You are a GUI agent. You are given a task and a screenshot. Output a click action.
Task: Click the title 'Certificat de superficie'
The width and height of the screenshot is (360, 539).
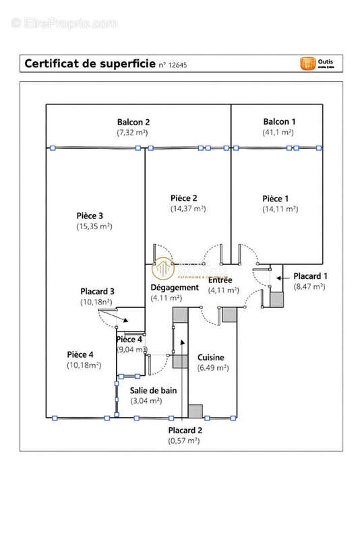coord(89,64)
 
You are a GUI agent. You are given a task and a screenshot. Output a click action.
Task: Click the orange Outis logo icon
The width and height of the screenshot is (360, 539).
coord(308,63)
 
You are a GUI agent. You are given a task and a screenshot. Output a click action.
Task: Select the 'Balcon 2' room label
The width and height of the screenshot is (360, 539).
coord(133,122)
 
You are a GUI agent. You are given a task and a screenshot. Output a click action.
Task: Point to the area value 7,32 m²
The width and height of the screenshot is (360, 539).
coord(133,133)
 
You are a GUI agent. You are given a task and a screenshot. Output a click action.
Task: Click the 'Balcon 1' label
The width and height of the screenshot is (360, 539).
coord(279,121)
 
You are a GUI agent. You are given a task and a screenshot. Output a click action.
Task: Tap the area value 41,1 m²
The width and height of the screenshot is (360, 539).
coord(279,133)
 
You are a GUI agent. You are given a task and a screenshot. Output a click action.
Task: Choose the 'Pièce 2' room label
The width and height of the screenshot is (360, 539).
coord(183,197)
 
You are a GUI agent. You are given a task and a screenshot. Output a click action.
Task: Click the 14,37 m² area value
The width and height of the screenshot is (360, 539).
coord(188,209)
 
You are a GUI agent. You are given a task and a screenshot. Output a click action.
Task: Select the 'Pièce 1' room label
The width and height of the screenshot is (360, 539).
coord(276,198)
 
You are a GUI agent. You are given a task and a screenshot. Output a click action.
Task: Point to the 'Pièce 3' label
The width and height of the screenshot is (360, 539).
coord(90,215)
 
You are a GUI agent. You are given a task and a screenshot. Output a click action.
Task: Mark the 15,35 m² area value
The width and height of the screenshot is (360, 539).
coord(94,226)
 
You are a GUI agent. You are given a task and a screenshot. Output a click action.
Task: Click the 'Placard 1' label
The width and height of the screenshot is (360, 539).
coord(310,276)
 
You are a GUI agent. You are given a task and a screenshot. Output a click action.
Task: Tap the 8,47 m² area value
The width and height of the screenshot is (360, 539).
coord(309,286)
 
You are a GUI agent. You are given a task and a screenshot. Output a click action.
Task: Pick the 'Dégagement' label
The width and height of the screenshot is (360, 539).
coord(175,287)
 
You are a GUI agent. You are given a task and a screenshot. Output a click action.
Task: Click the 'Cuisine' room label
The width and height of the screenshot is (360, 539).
coord(211,358)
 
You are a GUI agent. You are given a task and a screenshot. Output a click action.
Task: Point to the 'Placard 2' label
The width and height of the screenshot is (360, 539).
coord(185,430)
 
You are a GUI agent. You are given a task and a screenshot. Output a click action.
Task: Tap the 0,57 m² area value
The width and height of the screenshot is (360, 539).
coord(184,441)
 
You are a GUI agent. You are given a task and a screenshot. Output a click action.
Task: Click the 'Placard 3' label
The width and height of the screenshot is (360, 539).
coord(98,291)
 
